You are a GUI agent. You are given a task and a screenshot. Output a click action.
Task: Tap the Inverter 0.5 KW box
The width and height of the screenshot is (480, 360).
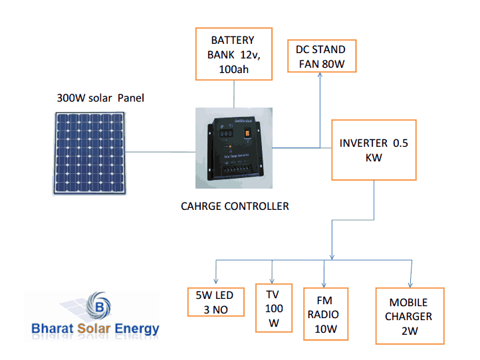[374, 150]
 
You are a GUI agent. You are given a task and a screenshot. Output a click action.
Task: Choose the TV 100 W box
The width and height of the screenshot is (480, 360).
[274, 309]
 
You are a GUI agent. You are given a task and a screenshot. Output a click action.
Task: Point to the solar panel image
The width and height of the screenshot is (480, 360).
[90, 153]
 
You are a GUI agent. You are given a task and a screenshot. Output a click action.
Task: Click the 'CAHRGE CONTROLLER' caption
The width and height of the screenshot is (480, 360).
[235, 206]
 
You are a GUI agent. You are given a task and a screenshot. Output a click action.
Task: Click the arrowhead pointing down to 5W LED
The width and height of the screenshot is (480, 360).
[216, 279]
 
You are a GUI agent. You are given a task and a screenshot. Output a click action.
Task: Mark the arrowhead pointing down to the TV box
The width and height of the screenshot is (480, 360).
[273, 280]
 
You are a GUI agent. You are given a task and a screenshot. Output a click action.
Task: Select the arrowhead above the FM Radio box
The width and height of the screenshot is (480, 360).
[324, 282]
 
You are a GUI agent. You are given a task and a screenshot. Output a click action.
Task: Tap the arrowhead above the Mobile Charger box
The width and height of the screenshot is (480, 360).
[412, 282]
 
